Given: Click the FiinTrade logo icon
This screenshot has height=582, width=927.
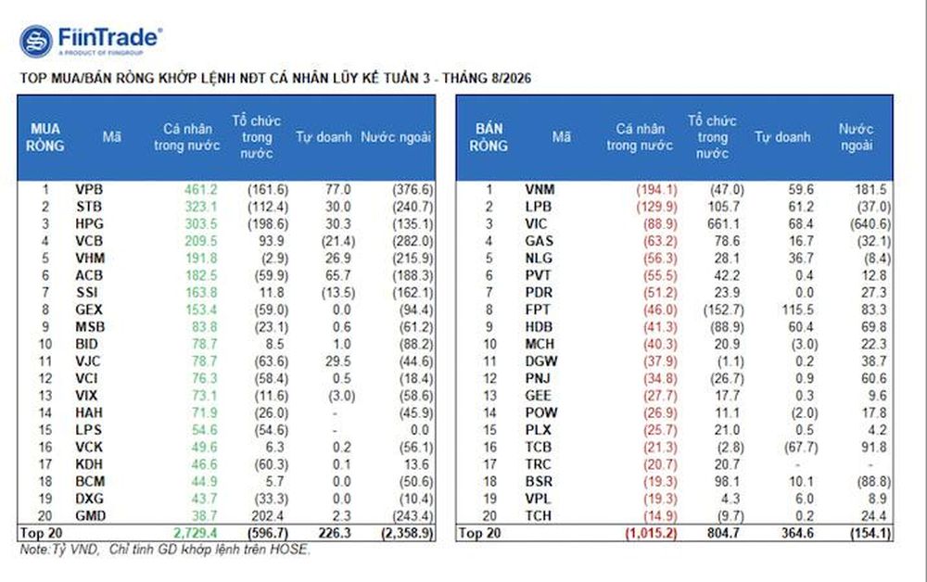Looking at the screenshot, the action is (36, 42).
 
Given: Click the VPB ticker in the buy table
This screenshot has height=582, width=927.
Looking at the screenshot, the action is (89, 190).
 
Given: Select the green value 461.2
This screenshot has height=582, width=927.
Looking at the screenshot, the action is (200, 190).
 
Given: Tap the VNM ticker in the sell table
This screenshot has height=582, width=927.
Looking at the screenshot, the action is (540, 190).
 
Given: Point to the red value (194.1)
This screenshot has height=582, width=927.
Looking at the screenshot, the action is (656, 190).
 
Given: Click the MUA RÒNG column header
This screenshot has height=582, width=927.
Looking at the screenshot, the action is (44, 137).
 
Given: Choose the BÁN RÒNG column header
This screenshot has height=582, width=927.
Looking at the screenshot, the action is (489, 137).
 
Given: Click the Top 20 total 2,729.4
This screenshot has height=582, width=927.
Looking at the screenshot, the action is (195, 533).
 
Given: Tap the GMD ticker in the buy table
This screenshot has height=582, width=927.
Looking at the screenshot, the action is (91, 516).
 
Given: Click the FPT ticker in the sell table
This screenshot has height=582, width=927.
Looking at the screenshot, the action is (538, 310).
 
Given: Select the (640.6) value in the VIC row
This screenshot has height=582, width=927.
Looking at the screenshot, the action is (870, 224).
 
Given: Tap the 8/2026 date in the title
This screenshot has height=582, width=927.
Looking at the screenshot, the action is (511, 78).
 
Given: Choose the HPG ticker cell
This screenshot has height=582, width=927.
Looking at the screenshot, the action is (89, 224).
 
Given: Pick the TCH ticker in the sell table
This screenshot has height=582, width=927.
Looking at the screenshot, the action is (538, 516).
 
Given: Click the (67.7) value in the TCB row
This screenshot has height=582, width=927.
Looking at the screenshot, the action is (801, 448).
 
